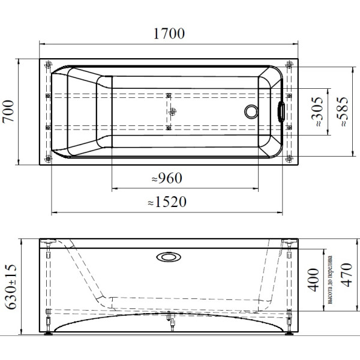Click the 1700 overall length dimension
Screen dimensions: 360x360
pyautogui.click(x=169, y=34)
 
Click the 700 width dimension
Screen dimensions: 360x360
pyautogui.click(x=8, y=112)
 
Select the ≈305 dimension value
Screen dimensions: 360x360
pyautogui.click(x=317, y=112)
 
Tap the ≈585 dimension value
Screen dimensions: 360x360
pyautogui.click(x=342, y=112)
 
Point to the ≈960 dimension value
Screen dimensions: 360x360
pyautogui.click(x=167, y=178)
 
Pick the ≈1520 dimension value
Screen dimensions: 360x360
pyautogui.click(x=167, y=202)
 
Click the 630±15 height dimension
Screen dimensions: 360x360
pyautogui.click(x=11, y=287)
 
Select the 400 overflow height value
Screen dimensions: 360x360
pyautogui.click(x=313, y=280)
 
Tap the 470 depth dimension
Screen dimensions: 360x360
pyautogui.click(x=346, y=275)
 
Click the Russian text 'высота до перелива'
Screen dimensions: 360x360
pyautogui.click(x=330, y=280)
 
